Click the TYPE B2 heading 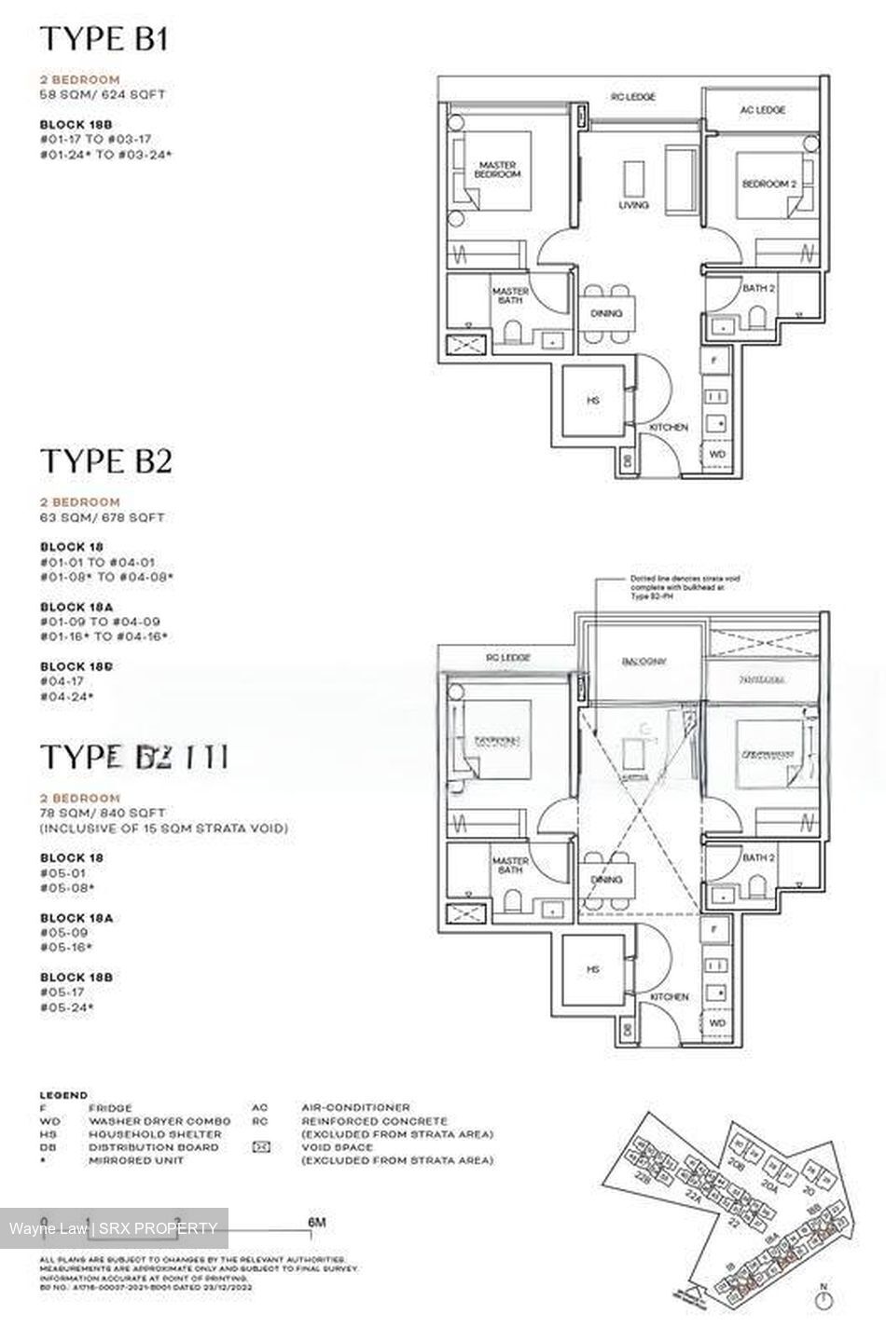pos(105,460)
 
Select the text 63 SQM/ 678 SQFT pos(102,517)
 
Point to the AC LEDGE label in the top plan pos(762,110)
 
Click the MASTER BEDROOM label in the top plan pos(495,170)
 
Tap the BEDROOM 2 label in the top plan pos(768,185)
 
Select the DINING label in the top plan pos(606,314)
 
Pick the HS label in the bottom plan pos(592,970)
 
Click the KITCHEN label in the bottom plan pos(669,997)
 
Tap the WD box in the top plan pos(717,454)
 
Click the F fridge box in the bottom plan pos(714,929)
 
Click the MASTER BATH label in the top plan pos(510,296)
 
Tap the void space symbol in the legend pos(262,1147)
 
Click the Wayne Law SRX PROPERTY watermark pos(114,1228)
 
